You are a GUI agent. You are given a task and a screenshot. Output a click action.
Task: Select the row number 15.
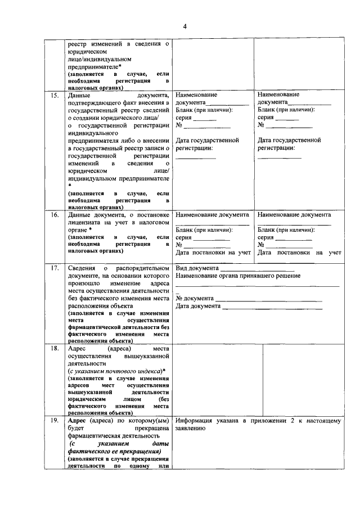coord(55,96)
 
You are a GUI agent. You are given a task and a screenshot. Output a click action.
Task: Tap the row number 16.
coord(55,215)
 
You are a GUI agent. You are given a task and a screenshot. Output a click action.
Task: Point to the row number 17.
coord(55,268)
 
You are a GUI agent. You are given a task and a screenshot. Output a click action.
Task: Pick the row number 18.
coord(55,349)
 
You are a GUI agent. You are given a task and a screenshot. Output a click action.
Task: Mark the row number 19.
coord(55,421)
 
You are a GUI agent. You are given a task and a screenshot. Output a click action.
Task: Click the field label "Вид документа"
coord(194,268)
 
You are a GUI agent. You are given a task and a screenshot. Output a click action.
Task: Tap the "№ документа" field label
coord(195,299)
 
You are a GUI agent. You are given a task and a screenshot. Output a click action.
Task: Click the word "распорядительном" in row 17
coord(143,268)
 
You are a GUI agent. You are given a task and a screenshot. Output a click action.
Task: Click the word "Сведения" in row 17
coord(81,268)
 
